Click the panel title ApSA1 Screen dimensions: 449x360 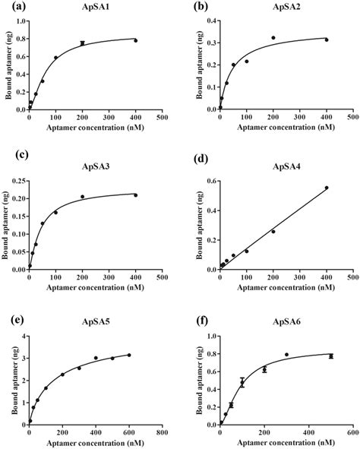[95, 7]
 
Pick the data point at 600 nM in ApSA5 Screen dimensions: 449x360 [128, 355]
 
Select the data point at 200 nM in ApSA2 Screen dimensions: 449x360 [273, 37]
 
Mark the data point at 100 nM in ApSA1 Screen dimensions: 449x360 [55, 58]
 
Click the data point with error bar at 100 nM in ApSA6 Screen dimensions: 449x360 [242, 383]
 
